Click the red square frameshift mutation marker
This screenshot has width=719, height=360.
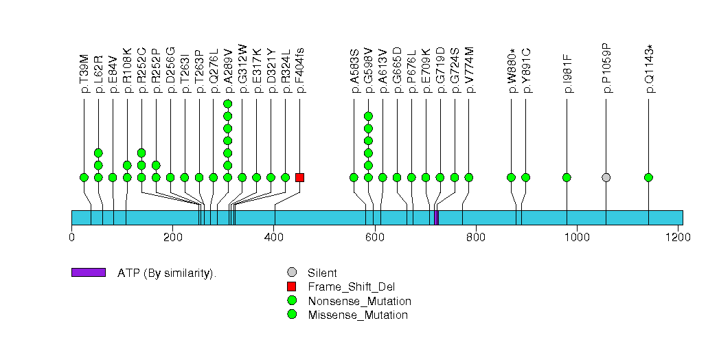point(299,177)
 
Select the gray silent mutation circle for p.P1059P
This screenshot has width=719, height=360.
point(606,177)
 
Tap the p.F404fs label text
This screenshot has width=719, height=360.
point(300,71)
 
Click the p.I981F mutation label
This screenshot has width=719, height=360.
point(567,74)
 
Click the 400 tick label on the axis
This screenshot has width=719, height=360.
point(273,237)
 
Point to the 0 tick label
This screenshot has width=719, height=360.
point(71,237)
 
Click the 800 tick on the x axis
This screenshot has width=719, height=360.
point(475,237)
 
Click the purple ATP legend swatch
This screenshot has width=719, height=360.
point(88,273)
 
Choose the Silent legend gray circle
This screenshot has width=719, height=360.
point(292,273)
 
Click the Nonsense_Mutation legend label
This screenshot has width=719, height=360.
point(359,301)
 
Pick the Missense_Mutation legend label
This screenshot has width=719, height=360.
point(357,315)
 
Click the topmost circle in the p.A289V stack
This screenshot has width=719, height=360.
point(228,104)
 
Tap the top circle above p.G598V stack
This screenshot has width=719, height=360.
point(368,116)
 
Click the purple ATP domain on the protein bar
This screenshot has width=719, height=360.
point(436,217)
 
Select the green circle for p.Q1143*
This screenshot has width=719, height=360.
point(648,177)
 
